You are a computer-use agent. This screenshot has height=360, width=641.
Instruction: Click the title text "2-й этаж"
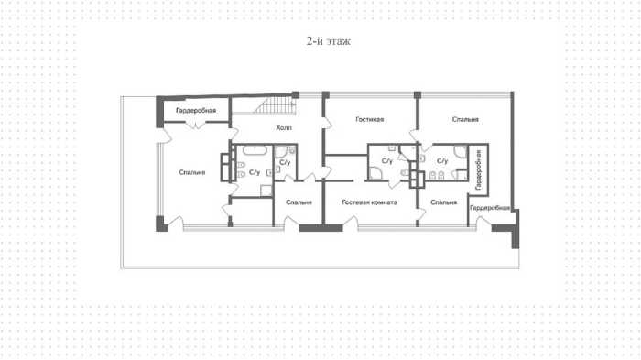[x=329, y=41]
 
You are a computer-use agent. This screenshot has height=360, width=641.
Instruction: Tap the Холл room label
[x=284, y=128]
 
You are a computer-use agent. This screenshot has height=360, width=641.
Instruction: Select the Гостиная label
[x=370, y=119]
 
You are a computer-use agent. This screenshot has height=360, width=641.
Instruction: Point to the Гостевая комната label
[x=370, y=202]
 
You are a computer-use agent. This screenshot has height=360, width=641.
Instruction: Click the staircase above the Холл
[x=275, y=105]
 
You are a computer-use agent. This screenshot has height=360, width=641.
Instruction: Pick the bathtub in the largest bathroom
[x=255, y=150]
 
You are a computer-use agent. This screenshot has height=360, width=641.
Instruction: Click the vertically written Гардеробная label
[x=478, y=169]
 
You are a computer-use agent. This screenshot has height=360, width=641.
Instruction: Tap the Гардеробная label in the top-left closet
[x=196, y=111]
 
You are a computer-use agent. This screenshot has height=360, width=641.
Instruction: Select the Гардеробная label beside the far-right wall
[x=490, y=208]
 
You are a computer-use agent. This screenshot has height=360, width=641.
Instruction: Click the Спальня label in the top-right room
[x=465, y=119]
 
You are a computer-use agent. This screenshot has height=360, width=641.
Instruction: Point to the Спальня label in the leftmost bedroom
[x=192, y=172]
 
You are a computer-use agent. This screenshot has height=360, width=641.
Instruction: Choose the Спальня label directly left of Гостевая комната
[x=299, y=202]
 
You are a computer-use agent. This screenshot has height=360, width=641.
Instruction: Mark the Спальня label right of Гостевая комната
[x=443, y=202]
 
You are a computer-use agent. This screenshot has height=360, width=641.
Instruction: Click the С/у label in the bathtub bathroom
[x=255, y=172]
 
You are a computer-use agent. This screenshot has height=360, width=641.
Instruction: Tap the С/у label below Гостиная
[x=386, y=161]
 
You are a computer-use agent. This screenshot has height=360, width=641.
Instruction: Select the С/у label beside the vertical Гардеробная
[x=442, y=161]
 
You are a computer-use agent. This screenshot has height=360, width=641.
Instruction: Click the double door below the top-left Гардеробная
[x=197, y=124]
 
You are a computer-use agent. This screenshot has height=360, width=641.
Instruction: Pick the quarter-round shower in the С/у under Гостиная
[x=375, y=173]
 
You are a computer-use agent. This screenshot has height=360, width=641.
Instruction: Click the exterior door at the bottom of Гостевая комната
[x=351, y=224]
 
